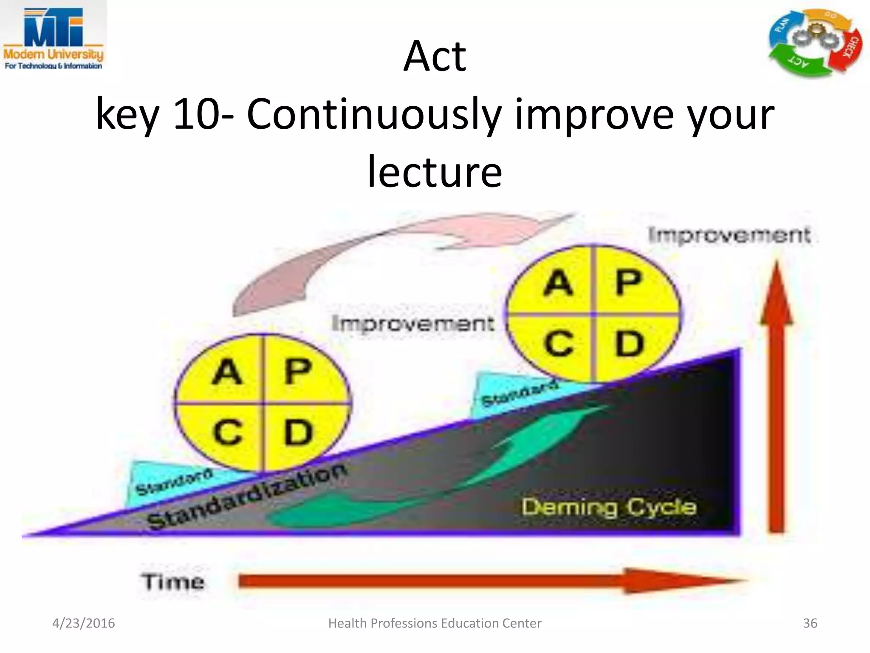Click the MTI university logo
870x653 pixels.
tap(53, 38)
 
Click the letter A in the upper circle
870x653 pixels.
tap(558, 283)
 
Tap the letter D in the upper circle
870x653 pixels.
tap(629, 344)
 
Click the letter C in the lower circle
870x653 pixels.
tap(228, 432)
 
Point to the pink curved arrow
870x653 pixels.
tap(382, 251)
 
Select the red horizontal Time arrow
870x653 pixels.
tap(489, 581)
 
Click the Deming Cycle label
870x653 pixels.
tap(609, 507)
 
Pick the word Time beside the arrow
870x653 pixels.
tap(173, 582)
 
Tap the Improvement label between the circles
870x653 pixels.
tap(413, 324)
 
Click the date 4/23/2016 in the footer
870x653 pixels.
tap(83, 623)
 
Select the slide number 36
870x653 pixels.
tap(810, 623)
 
